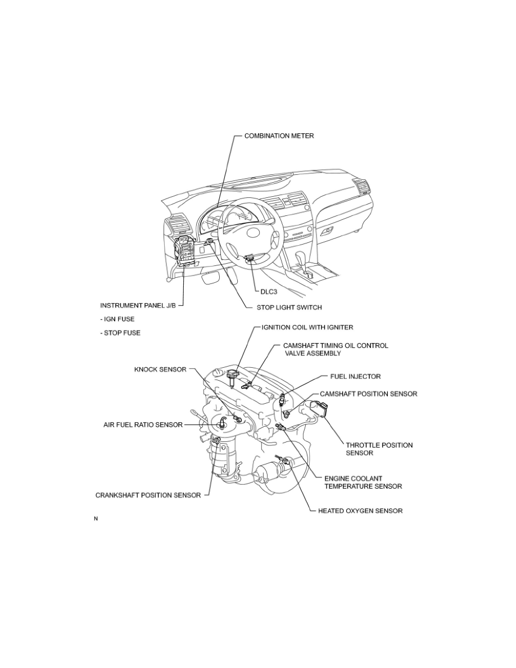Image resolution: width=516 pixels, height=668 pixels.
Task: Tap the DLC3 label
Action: pos(265,292)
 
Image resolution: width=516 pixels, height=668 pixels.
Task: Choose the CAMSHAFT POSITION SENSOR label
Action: pos(368,394)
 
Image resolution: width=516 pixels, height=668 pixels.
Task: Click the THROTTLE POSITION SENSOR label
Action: pos(379,448)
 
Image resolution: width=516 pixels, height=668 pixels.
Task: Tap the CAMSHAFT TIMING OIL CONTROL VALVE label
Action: pos(334,349)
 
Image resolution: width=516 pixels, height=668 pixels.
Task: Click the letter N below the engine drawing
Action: pos(96,518)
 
